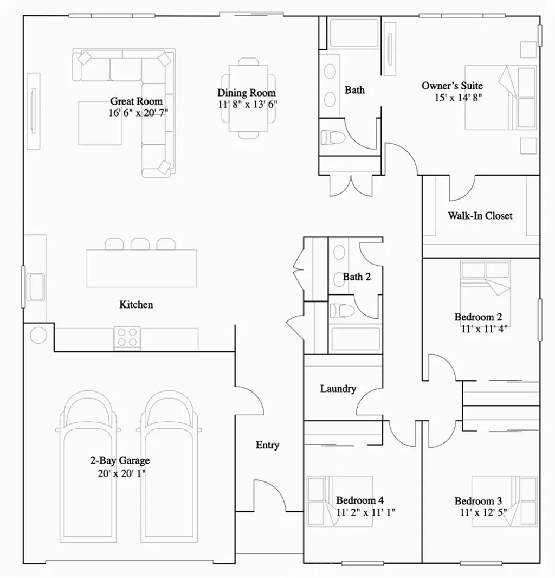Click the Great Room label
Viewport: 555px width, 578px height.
(x=136, y=101)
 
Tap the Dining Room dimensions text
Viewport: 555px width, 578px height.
(x=247, y=105)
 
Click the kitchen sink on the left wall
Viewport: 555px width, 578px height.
(x=36, y=287)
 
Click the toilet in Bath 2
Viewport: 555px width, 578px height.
(x=341, y=310)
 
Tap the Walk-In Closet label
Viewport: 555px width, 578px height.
(x=480, y=215)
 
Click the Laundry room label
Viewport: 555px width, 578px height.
(x=338, y=388)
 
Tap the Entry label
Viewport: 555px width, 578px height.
(x=267, y=445)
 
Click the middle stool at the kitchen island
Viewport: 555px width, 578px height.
(x=140, y=244)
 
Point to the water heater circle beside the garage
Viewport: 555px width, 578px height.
(x=38, y=335)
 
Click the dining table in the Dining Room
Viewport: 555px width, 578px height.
(x=248, y=98)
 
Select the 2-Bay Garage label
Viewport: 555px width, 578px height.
(x=119, y=461)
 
